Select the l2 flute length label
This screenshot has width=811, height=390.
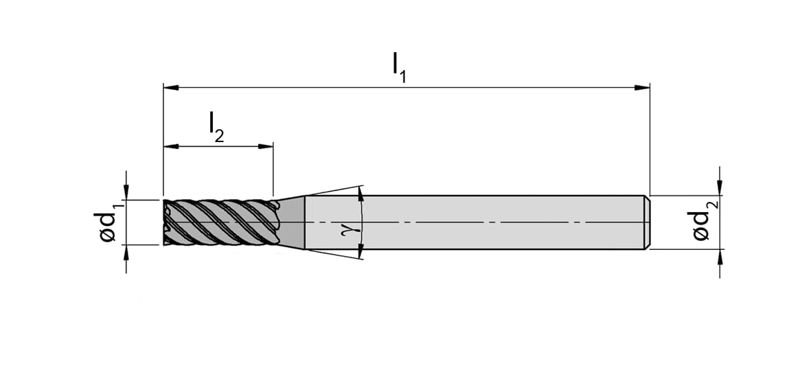(x=216, y=127)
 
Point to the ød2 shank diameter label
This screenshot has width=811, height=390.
(x=705, y=222)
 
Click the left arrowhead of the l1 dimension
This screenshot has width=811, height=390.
(x=171, y=87)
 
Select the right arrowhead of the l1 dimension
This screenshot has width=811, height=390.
(x=642, y=87)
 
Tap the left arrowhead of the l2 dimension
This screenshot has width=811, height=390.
(x=171, y=146)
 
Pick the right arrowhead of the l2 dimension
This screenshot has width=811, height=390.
(x=265, y=146)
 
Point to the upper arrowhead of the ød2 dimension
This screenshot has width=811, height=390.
(x=720, y=187)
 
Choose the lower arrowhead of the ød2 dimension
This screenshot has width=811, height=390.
(x=720, y=257)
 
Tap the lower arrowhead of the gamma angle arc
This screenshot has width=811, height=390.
(x=361, y=251)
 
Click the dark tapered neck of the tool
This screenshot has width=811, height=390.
(x=290, y=222)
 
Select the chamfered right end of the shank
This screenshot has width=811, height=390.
(x=646, y=222)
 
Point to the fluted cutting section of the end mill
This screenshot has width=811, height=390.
(x=221, y=222)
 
